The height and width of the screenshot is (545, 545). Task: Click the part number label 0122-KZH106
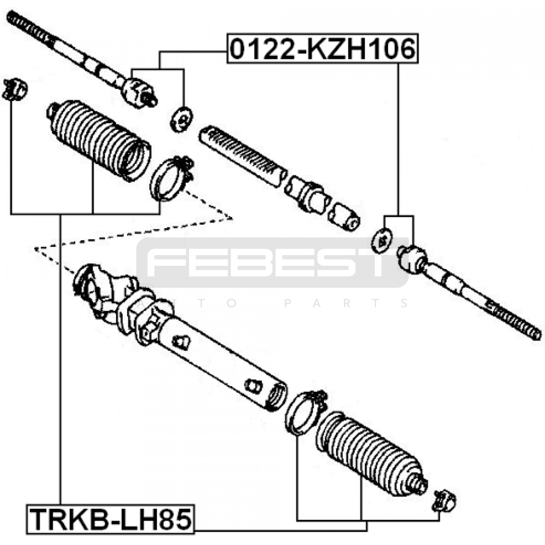click(322, 49)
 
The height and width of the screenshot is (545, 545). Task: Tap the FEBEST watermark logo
click(269, 262)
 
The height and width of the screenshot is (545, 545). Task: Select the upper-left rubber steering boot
click(99, 140)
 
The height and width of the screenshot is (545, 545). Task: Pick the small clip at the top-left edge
click(14, 89)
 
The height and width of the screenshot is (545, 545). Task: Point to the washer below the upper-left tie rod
click(181, 119)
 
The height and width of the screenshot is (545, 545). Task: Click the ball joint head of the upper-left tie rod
click(138, 92)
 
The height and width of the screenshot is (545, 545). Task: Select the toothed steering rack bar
click(242, 155)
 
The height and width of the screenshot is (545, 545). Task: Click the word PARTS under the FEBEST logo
click(346, 303)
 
